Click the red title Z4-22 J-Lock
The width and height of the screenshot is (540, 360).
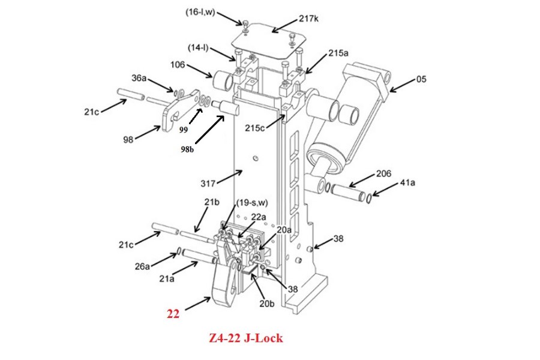tap(246, 338)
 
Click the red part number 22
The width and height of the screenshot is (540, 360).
tap(173, 314)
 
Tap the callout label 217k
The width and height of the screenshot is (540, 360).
tap(308, 19)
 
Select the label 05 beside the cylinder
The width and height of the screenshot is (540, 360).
tap(421, 79)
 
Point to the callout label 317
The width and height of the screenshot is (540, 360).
tap(208, 184)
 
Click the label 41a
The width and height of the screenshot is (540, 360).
tap(407, 182)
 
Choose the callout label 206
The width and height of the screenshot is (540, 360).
tap(383, 173)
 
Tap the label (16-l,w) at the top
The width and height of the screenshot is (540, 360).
tap(200, 13)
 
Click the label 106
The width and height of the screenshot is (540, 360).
tap(178, 65)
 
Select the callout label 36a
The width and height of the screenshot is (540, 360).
tap(139, 78)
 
